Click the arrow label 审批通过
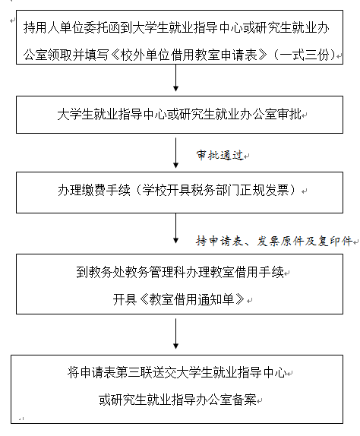[220, 155]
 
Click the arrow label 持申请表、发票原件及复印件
[274, 241]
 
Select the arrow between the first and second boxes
[175, 77]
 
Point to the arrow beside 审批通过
[175, 153]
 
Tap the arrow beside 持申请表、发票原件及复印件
[175, 229]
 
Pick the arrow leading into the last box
[175, 333]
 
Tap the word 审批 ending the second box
[289, 114]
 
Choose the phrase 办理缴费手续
[94, 191]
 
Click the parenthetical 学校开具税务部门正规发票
[216, 191]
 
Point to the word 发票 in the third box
[276, 191]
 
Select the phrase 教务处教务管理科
[137, 272]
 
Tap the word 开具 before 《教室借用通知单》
[125, 299]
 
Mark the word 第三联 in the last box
[134, 372]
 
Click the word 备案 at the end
[244, 400]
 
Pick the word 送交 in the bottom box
[165, 372]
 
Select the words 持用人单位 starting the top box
[54, 28]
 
